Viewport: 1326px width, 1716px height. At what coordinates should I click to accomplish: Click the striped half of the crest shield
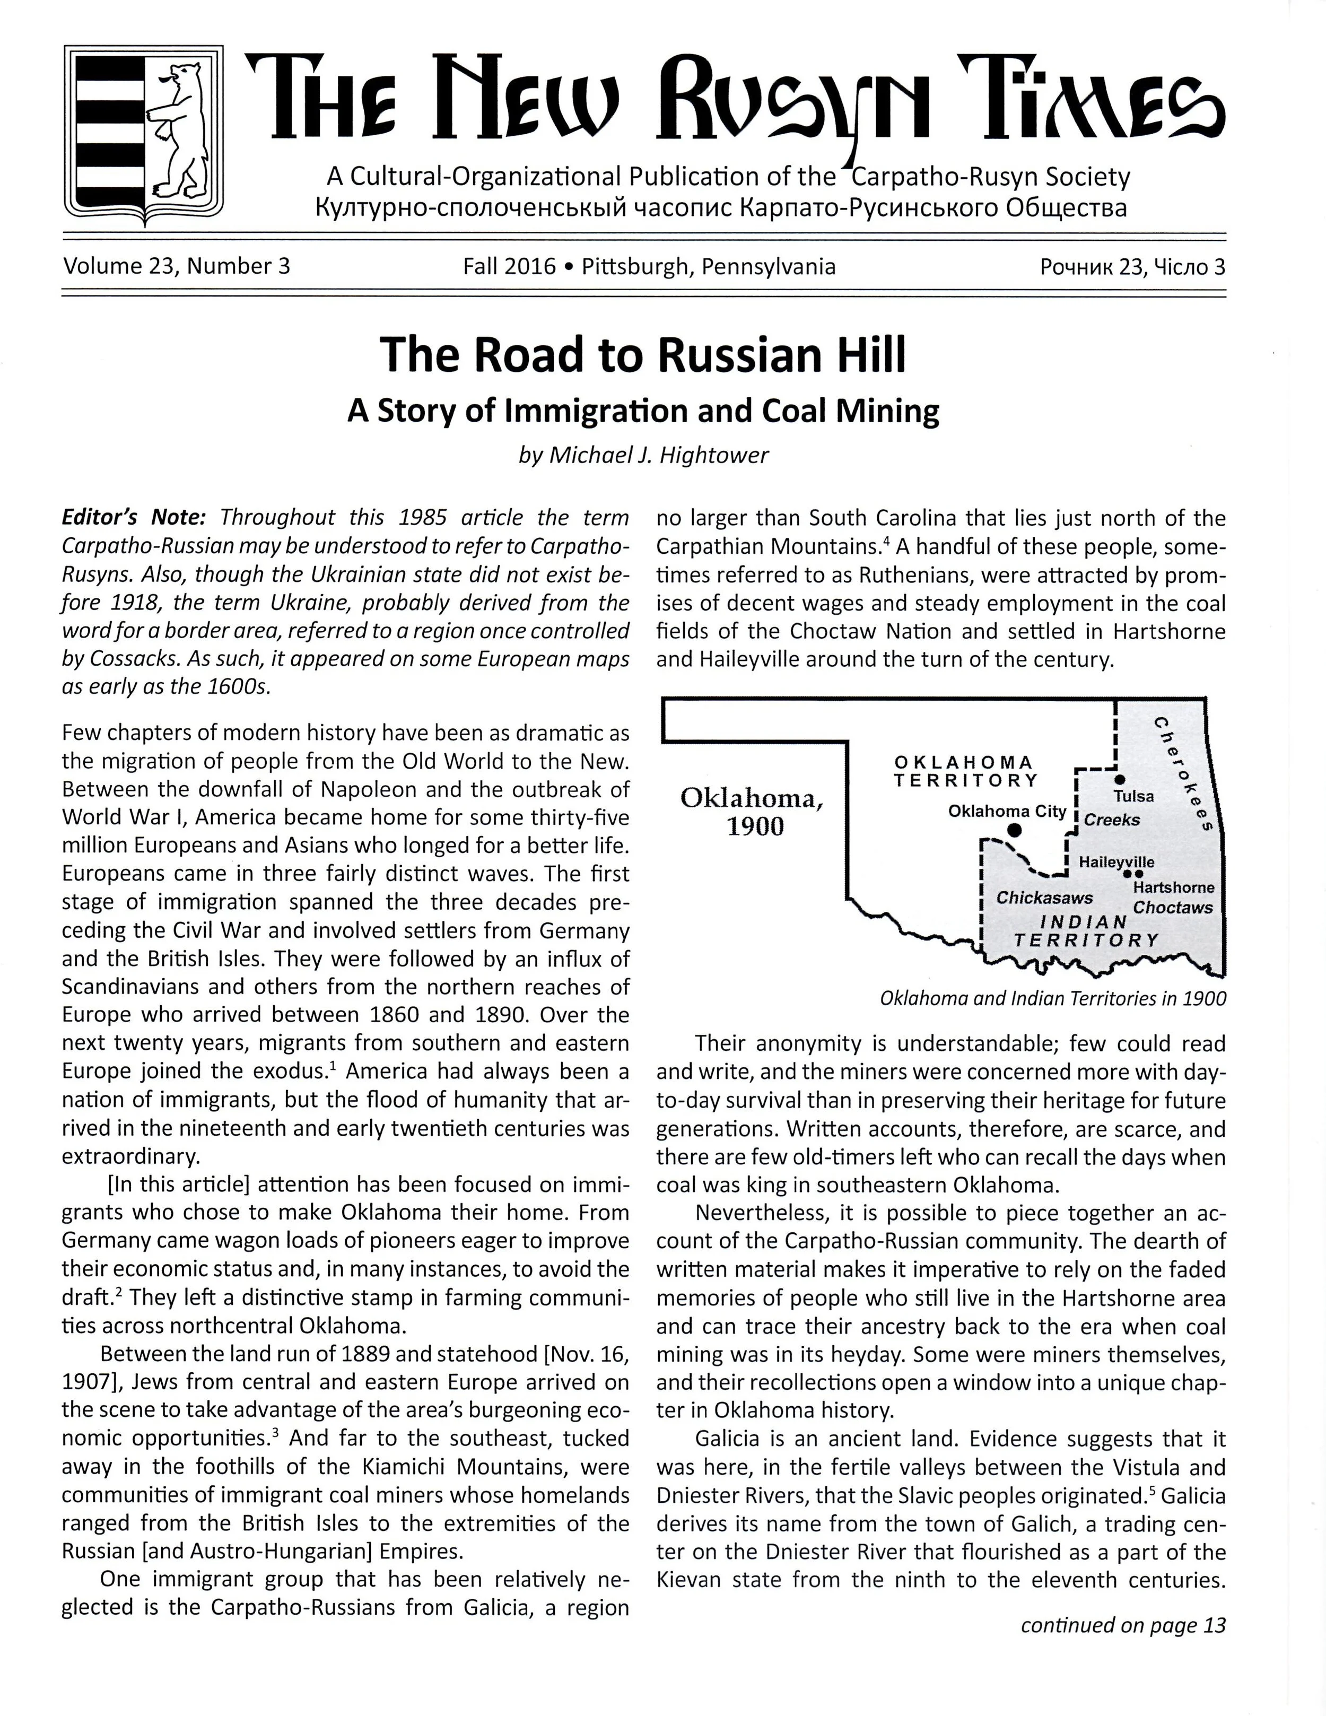click(109, 129)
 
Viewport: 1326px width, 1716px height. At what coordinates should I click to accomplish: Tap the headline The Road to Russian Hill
click(642, 355)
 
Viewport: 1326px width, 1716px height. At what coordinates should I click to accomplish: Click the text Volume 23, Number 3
click(177, 266)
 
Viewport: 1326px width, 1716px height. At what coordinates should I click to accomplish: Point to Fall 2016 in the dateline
click(509, 266)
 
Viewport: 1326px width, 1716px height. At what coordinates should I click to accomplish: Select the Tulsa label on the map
click(1133, 796)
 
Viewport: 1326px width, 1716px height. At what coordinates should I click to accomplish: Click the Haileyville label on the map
click(1116, 862)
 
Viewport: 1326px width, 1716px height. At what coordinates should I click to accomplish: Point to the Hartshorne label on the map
click(1173, 887)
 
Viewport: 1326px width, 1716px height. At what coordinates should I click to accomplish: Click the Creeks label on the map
click(1112, 820)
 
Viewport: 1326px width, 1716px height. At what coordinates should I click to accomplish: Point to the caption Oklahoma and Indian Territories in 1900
click(1053, 999)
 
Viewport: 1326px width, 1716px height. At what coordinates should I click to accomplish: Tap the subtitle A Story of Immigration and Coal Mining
click(642, 411)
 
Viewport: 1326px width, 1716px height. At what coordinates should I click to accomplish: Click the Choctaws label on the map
click(1172, 908)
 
